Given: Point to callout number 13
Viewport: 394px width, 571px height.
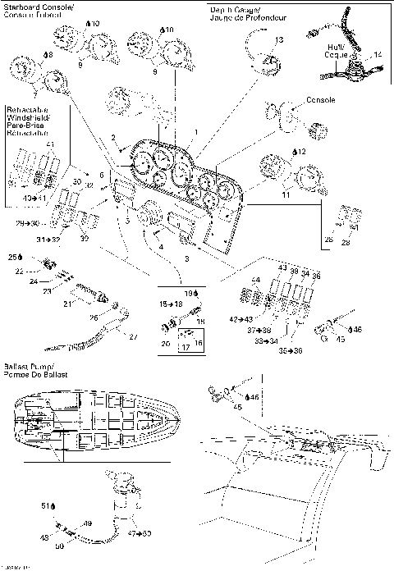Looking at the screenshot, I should (x=279, y=39).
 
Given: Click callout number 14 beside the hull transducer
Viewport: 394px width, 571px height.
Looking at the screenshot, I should (x=378, y=53).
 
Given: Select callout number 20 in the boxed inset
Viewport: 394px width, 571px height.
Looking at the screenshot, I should (x=165, y=343).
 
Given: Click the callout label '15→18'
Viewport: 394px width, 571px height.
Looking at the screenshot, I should (x=172, y=304).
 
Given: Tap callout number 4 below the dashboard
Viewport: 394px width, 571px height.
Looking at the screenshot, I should (x=161, y=247).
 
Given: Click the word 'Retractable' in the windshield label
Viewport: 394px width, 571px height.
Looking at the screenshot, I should (x=26, y=108).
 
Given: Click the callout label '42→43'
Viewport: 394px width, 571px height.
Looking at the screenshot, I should (x=243, y=318).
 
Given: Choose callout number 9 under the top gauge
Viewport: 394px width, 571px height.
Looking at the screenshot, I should (x=155, y=71).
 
